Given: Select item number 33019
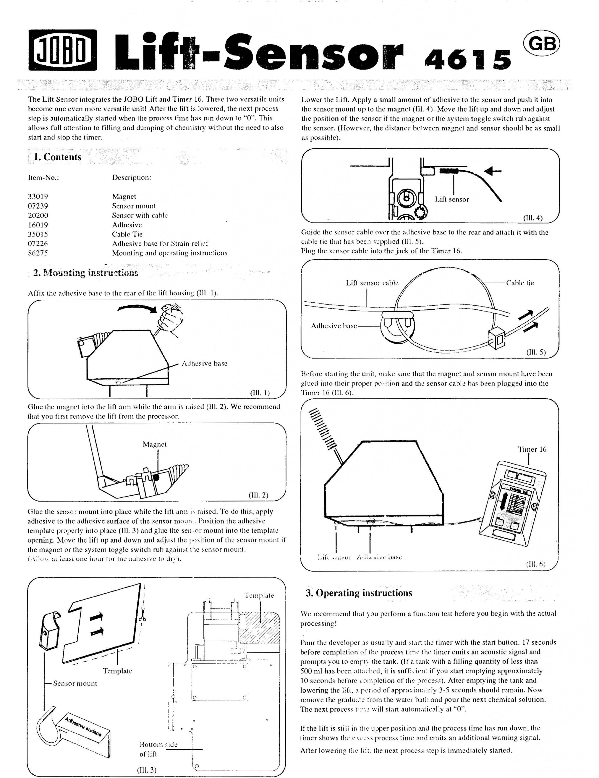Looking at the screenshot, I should point(38,196).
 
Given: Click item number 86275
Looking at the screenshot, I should point(38,253).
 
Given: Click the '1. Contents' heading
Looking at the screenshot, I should point(57,157).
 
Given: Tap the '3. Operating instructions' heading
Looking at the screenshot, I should point(359,593).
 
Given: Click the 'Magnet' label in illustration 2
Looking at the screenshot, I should point(155,444).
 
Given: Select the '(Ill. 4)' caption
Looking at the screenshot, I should point(532,218).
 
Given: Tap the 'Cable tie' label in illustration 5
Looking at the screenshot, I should point(520,283).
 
